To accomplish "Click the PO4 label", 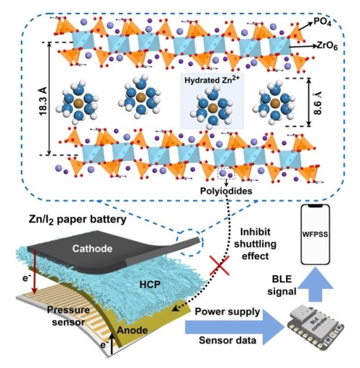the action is pyautogui.click(x=322, y=23).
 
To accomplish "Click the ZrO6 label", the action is pyautogui.click(x=328, y=46).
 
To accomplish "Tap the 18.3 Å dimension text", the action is pyautogui.click(x=44, y=102).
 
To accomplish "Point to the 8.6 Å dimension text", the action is pyautogui.click(x=318, y=103).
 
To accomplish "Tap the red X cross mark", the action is pyautogui.click(x=220, y=265).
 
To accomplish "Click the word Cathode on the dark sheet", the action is pyautogui.click(x=92, y=248).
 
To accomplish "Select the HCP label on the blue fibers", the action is pyautogui.click(x=150, y=284).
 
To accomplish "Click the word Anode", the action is pyautogui.click(x=132, y=331).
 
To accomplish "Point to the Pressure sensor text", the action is pyautogui.click(x=68, y=316).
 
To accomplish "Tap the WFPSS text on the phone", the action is pyautogui.click(x=315, y=234).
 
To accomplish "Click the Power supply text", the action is pyautogui.click(x=228, y=312).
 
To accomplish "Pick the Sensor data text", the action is pyautogui.click(x=228, y=341).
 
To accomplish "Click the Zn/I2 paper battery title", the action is pyautogui.click(x=78, y=220).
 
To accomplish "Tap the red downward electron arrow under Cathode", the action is pyautogui.click(x=35, y=272).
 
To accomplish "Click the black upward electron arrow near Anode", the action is pyautogui.click(x=112, y=343).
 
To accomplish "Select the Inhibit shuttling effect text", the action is pyautogui.click(x=255, y=244).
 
